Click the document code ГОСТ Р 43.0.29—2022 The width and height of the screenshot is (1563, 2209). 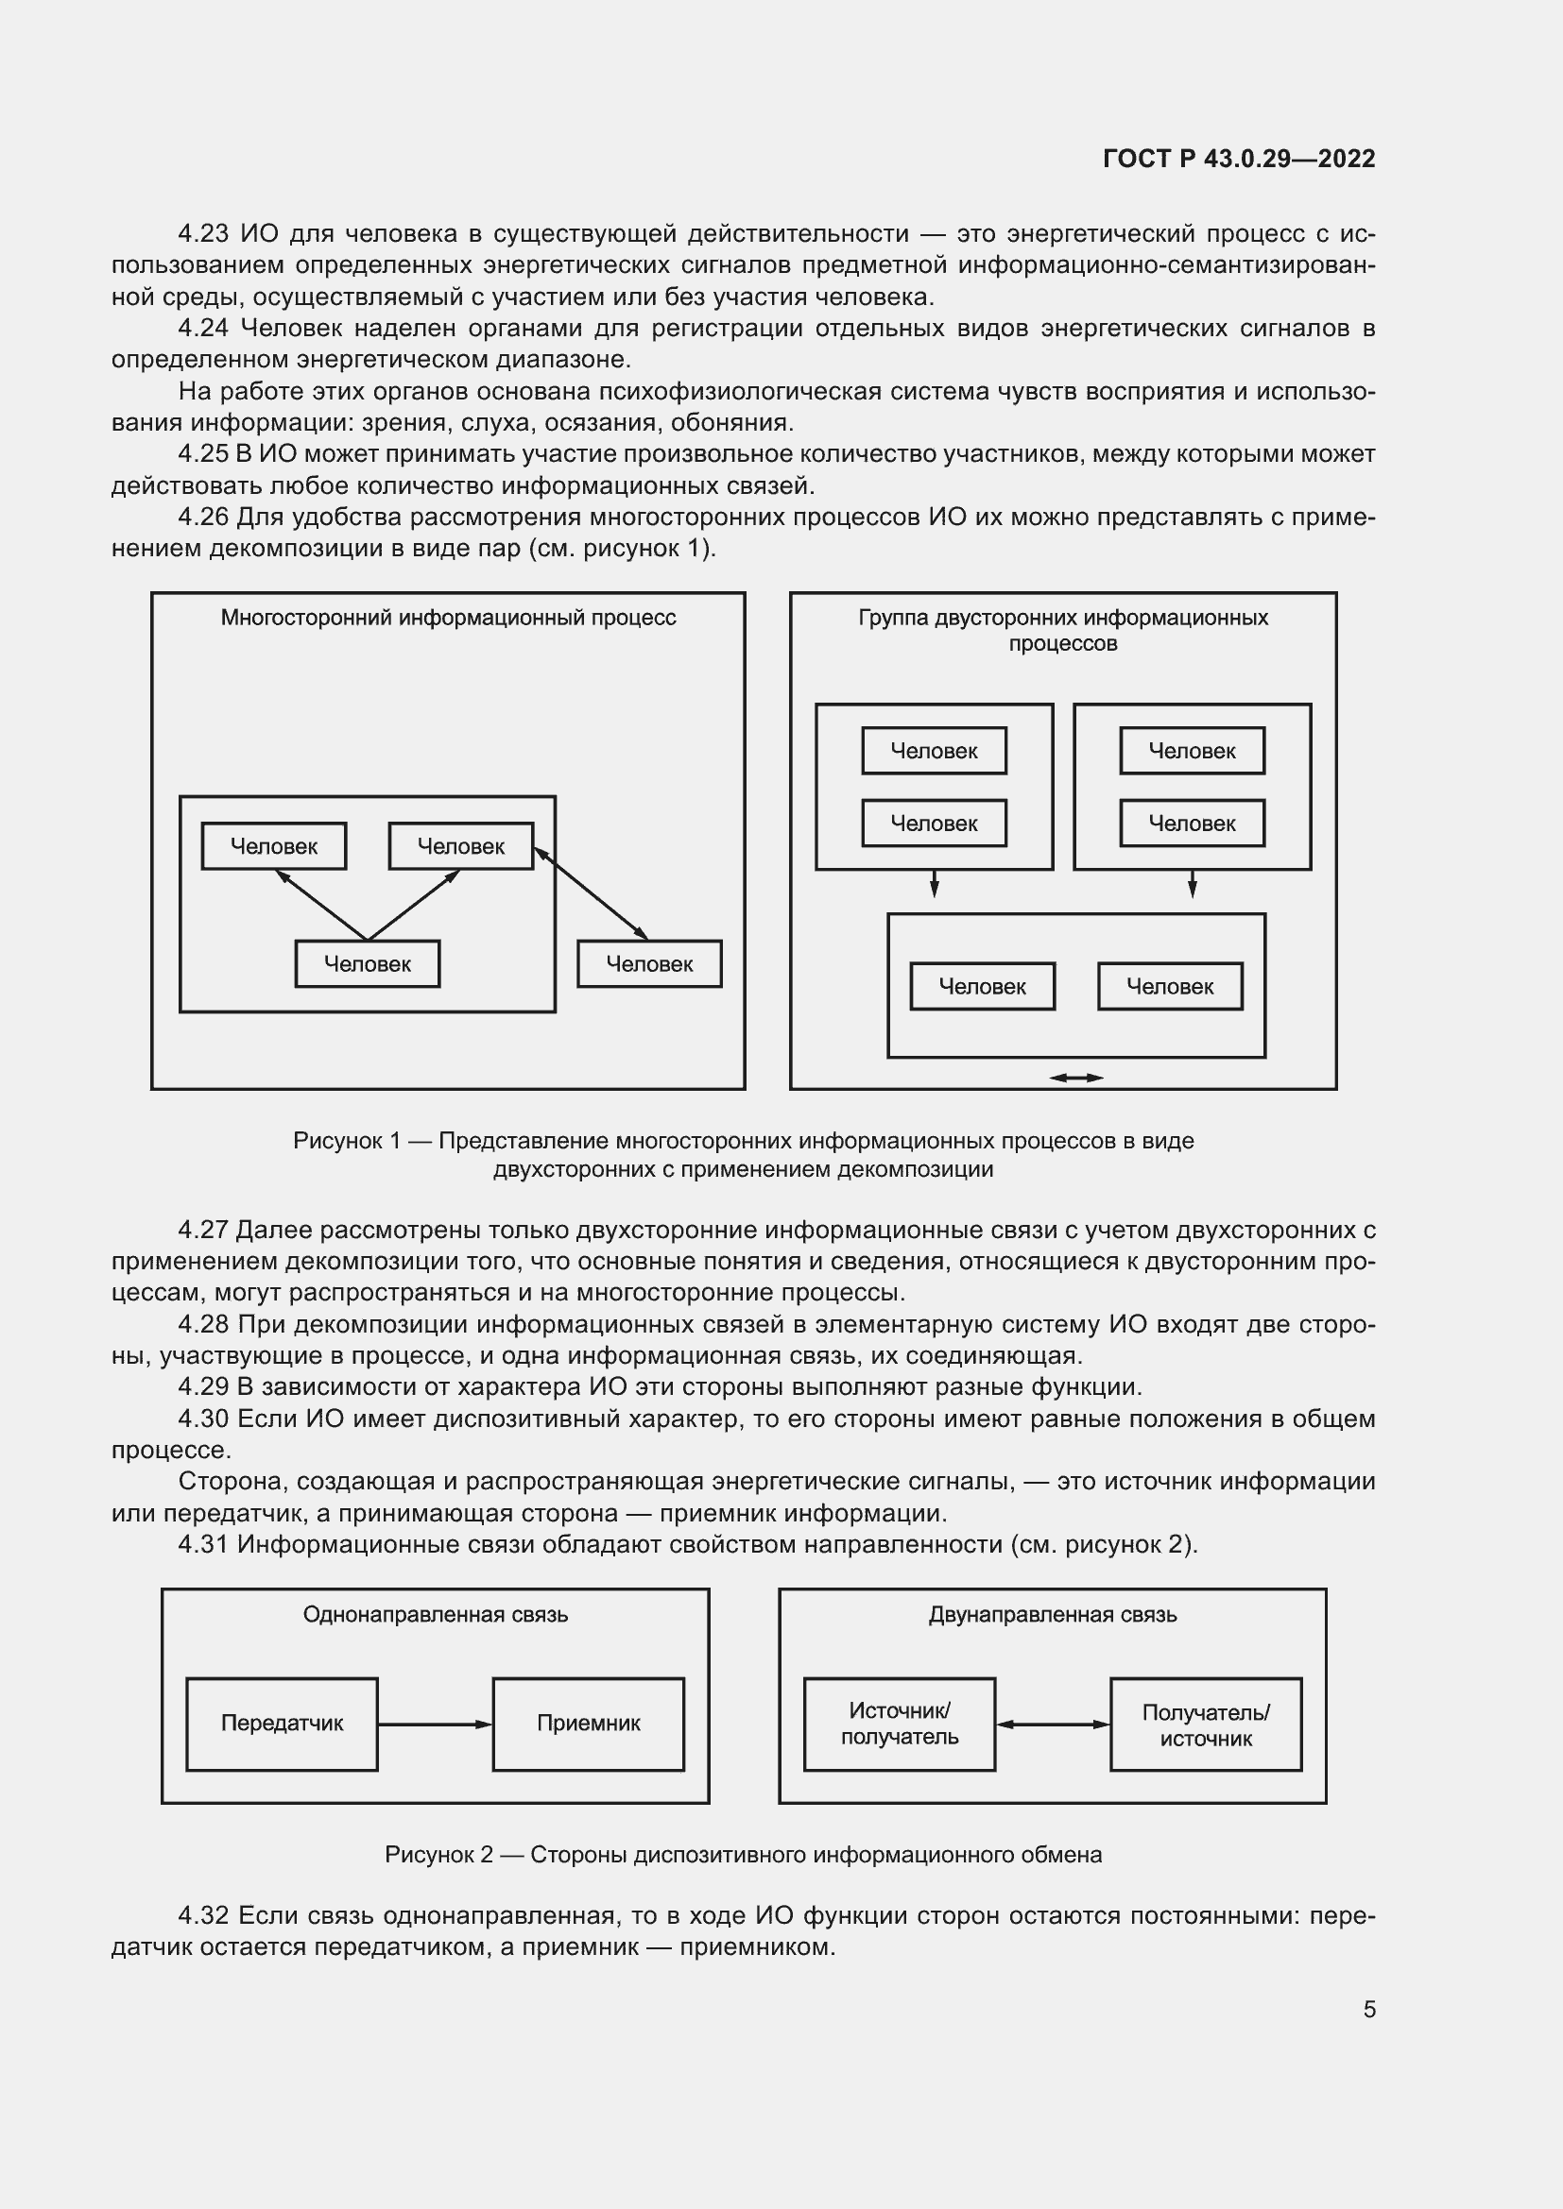(1239, 159)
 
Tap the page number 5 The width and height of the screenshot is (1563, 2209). (1368, 2009)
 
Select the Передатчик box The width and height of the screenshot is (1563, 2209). (282, 1724)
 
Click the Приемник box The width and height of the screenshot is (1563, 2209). (588, 1724)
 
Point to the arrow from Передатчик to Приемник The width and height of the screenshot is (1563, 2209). (435, 1725)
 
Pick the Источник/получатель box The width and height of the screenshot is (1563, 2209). (899, 1724)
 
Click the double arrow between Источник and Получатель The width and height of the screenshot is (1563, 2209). (1053, 1725)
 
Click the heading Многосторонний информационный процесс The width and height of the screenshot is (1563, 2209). (448, 618)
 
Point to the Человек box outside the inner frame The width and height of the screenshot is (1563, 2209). (649, 964)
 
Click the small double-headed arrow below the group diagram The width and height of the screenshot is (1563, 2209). (1076, 1078)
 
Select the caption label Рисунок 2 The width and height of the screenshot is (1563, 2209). (438, 1855)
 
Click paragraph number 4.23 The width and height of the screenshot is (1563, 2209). (204, 234)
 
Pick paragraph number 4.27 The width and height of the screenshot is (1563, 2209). (203, 1230)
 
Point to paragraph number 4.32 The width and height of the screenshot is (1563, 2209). (204, 1915)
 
